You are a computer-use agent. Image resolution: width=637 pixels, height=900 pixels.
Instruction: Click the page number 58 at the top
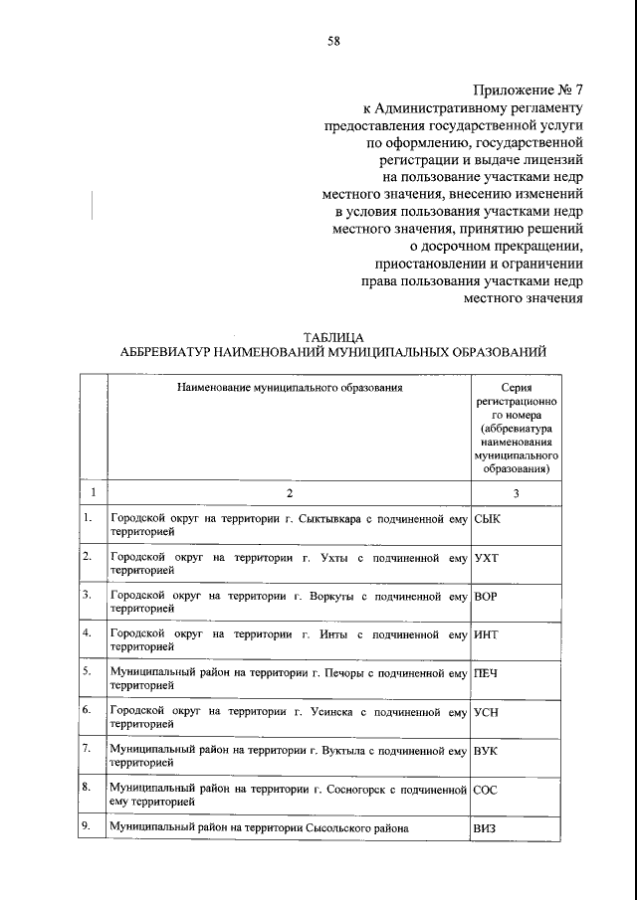coord(333,41)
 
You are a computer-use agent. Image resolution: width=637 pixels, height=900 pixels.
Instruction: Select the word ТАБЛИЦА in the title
coord(332,337)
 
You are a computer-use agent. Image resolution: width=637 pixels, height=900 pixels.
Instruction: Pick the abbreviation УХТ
coord(487,557)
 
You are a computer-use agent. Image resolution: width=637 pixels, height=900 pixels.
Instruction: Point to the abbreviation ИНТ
coord(487,633)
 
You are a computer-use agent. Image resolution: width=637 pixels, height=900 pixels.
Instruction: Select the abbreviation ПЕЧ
coord(486,672)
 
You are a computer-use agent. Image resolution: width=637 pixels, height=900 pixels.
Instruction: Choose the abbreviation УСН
coord(487,711)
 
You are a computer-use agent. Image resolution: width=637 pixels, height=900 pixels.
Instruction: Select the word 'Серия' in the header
coord(515,386)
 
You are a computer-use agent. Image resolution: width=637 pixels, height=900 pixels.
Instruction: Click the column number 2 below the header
coord(290,492)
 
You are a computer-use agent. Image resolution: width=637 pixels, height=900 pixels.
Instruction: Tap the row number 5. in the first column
coord(88,671)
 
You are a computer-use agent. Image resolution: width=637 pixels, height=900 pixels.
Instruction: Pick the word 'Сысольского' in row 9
coord(318,827)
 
